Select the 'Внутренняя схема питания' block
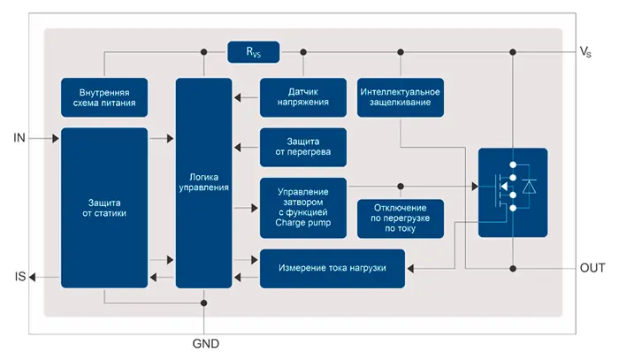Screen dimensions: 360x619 point(104,96)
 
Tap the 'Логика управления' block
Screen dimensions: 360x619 point(204,182)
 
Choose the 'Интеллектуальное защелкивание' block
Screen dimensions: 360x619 point(401,96)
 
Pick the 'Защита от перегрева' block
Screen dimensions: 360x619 point(303,147)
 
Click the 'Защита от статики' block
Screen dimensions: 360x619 point(104,207)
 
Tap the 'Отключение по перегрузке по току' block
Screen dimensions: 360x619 point(401,218)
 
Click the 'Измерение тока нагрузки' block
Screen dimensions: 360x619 point(332,268)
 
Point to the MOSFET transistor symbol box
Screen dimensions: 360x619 point(513,192)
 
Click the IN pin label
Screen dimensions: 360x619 point(20,138)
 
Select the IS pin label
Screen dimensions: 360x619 point(20,278)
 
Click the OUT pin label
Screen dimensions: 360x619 point(592,268)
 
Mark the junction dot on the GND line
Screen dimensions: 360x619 point(205,303)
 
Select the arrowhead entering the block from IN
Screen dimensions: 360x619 point(55,138)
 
